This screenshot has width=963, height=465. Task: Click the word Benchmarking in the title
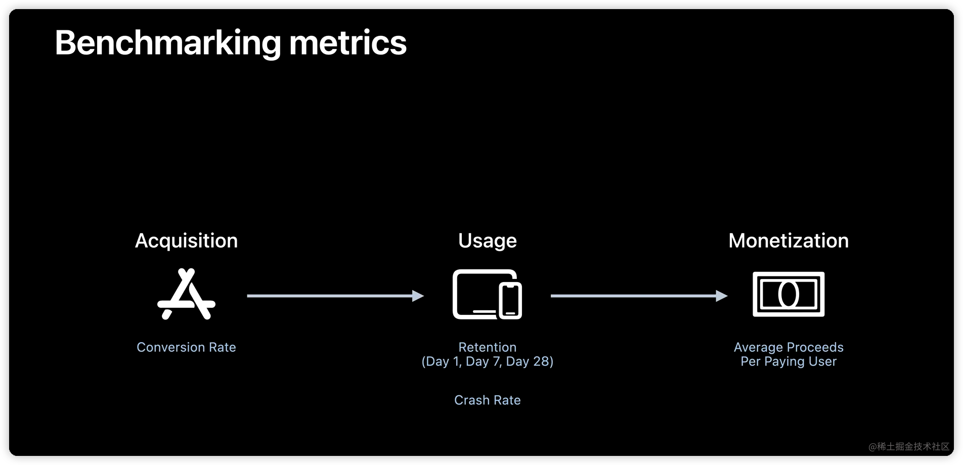click(x=167, y=43)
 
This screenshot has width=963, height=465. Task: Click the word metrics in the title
click(x=347, y=43)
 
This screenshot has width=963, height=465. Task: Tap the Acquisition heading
click(x=186, y=241)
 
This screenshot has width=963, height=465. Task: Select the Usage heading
click(x=487, y=241)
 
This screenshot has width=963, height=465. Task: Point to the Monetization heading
click(x=789, y=241)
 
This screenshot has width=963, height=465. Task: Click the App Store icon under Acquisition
click(x=186, y=294)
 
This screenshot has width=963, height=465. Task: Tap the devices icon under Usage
click(x=487, y=294)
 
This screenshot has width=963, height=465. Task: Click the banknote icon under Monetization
click(x=789, y=294)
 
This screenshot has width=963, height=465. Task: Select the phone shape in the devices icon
click(x=510, y=301)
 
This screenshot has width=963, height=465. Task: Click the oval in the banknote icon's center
click(x=789, y=294)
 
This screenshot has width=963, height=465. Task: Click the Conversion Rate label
click(x=186, y=347)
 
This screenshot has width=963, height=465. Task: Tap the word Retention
click(x=487, y=347)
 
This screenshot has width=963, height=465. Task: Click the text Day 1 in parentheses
click(x=443, y=361)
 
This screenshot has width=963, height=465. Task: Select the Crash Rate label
click(x=487, y=400)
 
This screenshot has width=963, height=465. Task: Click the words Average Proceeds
click(x=789, y=347)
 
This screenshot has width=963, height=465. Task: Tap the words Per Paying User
click(x=789, y=361)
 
